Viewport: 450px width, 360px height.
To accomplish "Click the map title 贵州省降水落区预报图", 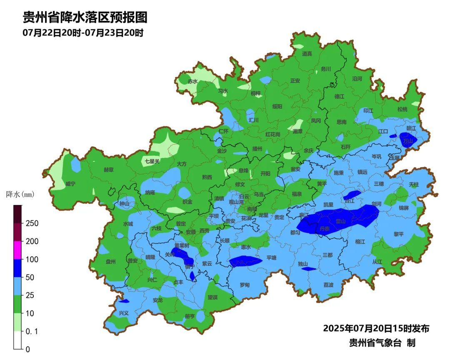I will pyautogui.click(x=85, y=17).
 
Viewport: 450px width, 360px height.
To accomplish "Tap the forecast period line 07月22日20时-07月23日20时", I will pyautogui.click(x=83, y=33).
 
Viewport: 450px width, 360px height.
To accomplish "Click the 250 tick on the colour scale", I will pyautogui.click(x=32, y=223).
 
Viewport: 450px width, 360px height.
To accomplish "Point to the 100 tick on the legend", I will pyautogui.click(x=32, y=259).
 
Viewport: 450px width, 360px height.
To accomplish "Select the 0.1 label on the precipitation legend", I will pyautogui.click(x=32, y=331).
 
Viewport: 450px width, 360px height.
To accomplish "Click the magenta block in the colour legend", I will pyautogui.click(x=17, y=250).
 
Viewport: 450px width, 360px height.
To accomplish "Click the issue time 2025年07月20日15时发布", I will pyautogui.click(x=376, y=328).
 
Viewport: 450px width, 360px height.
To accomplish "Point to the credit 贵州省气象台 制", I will pyautogui.click(x=382, y=343).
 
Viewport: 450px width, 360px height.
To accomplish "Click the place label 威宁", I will pyautogui.click(x=70, y=184).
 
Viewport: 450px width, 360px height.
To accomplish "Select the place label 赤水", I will pyautogui.click(x=192, y=81).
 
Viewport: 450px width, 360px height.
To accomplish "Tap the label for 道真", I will pyautogui.click(x=307, y=54).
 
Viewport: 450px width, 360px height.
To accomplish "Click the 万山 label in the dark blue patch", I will pyautogui.click(x=408, y=141).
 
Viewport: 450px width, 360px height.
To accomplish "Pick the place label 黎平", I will pyautogui.click(x=399, y=234).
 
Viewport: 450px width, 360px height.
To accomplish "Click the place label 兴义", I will pyautogui.click(x=124, y=312).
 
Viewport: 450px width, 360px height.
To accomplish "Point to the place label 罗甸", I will pyautogui.click(x=245, y=285).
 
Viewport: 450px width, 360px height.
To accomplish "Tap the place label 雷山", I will pyautogui.click(x=340, y=221).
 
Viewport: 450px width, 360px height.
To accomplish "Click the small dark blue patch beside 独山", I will pyautogui.click(x=309, y=269).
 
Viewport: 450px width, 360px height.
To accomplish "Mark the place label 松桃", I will pyautogui.click(x=402, y=109).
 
